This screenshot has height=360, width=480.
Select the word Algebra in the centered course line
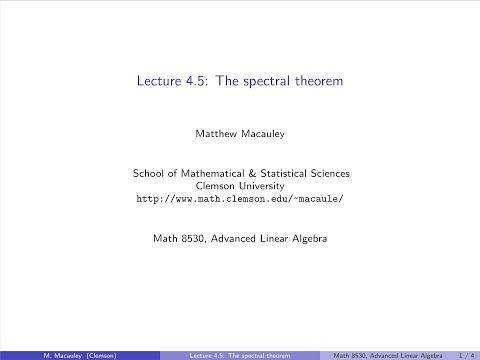[310, 240]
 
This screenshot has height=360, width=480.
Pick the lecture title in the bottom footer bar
[240, 354]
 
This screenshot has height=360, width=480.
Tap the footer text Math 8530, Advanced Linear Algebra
[384, 354]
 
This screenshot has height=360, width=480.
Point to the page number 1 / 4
[465, 354]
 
